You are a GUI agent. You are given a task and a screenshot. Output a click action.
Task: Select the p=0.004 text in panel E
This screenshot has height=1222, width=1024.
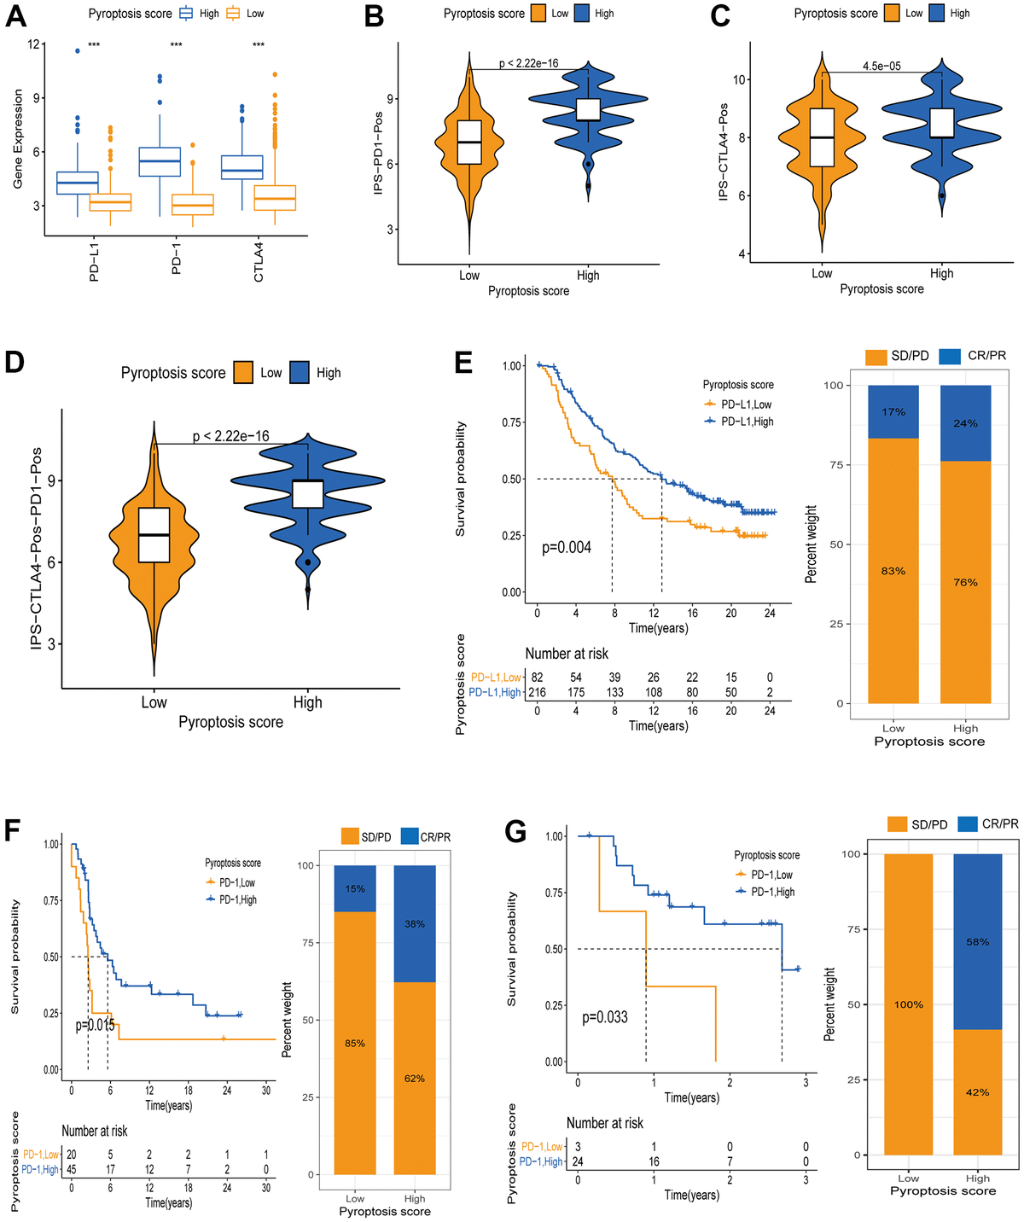567,547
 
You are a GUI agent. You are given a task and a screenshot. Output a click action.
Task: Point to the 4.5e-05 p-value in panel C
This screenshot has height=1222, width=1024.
881,66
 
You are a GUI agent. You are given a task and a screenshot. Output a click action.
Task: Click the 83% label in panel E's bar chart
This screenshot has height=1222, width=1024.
893,571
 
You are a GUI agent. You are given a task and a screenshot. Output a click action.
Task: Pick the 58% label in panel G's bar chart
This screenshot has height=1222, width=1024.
978,942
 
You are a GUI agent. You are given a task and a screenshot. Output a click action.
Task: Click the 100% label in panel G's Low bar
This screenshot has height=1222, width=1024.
909,1004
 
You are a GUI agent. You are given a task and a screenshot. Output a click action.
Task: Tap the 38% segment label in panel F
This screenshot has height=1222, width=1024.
415,924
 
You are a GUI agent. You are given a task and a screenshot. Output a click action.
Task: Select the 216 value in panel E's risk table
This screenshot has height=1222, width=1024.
537,692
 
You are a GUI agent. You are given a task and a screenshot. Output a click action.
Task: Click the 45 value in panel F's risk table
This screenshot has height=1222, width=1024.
71,1169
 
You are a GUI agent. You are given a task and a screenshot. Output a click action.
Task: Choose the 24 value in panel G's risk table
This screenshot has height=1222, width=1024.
578,1161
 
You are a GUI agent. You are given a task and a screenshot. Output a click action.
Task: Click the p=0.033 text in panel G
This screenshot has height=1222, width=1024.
605,1017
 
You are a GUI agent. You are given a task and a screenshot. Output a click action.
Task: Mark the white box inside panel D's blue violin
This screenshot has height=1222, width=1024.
307,493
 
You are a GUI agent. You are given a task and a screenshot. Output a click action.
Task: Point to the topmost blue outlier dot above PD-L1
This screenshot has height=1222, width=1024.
78,51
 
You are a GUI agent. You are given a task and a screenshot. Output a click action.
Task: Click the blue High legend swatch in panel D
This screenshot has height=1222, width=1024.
299,373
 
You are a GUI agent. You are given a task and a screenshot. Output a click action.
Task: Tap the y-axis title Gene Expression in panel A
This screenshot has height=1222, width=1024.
18,139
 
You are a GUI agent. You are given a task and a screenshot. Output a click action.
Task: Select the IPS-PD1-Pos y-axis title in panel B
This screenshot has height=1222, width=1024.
378,146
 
